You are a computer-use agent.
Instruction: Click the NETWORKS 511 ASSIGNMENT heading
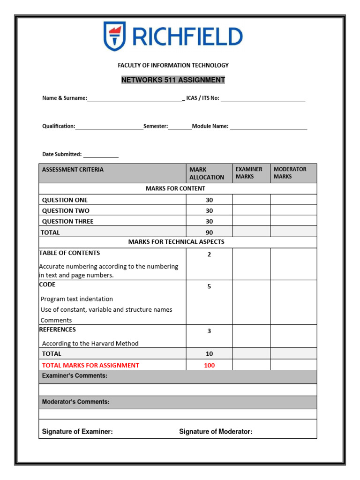pos(173,80)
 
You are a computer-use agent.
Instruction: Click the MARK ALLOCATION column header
pos(206,173)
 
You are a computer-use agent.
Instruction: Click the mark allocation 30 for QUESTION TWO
pos(209,211)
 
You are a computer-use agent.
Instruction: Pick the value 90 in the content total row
pos(209,232)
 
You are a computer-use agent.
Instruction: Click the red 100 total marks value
pos(209,366)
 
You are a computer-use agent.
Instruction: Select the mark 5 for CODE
pos(209,286)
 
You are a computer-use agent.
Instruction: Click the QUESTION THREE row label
pos(68,222)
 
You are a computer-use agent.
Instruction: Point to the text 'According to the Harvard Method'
pos(90,344)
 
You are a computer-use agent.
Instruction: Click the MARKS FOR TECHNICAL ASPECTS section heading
pos(176,242)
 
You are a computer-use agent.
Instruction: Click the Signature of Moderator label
pos(216,432)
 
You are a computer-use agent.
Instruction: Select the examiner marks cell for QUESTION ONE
pos(251,200)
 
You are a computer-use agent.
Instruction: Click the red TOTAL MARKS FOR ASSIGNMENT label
pos(90,366)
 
